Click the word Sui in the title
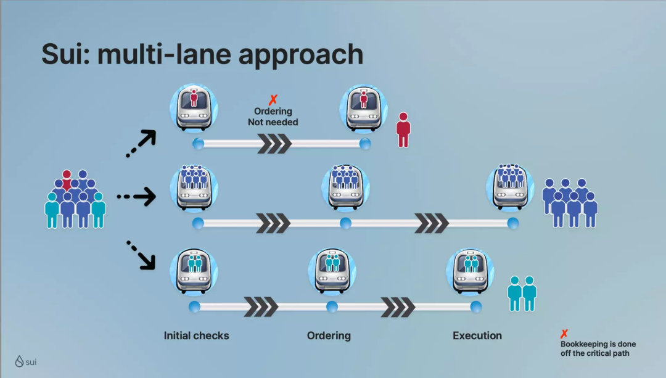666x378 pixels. (x=66, y=54)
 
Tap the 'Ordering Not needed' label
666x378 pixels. (x=273, y=117)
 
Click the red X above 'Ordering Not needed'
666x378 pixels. (x=273, y=99)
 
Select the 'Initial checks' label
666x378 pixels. (x=196, y=335)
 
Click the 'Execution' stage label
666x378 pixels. (x=477, y=335)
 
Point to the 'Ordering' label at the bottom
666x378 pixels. (x=329, y=335)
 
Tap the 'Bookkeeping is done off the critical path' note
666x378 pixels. (x=598, y=348)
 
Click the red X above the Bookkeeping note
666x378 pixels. (x=564, y=334)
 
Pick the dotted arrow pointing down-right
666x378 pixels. (x=141, y=255)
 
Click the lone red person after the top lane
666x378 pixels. (x=403, y=129)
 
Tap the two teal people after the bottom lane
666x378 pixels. (x=522, y=293)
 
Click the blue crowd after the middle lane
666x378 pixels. (x=570, y=203)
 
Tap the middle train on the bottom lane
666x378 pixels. (x=332, y=272)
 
